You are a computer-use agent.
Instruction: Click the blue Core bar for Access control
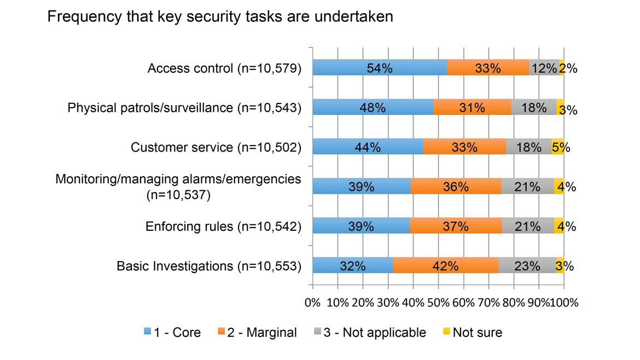(x=379, y=68)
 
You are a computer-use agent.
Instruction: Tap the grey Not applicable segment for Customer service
(x=528, y=147)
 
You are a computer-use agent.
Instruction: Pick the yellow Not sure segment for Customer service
(x=557, y=147)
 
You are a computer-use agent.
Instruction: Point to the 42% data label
(x=445, y=266)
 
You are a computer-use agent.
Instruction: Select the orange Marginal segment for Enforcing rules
(x=455, y=227)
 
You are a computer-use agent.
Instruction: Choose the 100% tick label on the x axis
(x=565, y=302)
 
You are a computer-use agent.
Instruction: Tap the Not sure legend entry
(x=472, y=332)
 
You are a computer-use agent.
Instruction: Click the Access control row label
(x=224, y=68)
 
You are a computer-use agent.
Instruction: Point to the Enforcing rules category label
(x=223, y=227)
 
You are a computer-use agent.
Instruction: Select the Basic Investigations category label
(x=209, y=266)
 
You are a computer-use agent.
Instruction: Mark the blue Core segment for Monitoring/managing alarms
(x=361, y=187)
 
